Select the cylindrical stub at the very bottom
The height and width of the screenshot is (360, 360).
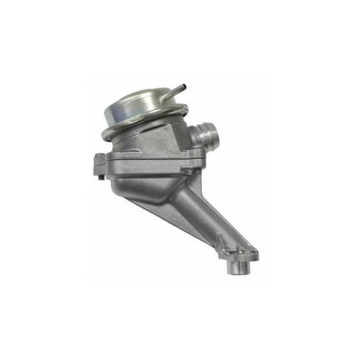[241, 266]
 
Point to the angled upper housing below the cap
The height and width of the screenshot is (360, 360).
[156, 141]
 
